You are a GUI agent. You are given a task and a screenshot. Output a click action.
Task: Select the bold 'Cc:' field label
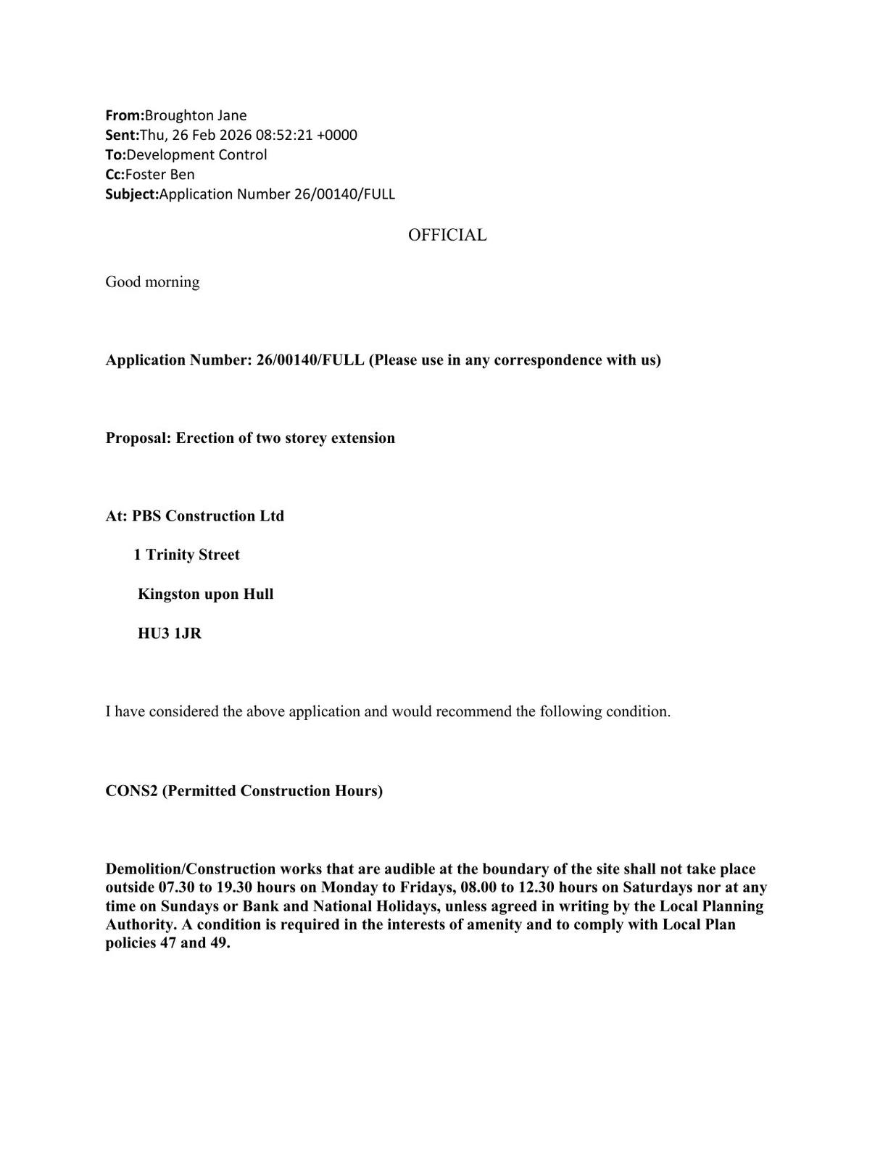[x=115, y=174]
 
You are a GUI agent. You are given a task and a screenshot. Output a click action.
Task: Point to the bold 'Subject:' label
[x=132, y=194]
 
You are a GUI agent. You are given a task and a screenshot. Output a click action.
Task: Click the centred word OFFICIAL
[x=447, y=235]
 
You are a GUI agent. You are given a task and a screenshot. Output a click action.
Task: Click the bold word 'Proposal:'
[x=138, y=438]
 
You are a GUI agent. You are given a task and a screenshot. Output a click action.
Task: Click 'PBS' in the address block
[x=146, y=516]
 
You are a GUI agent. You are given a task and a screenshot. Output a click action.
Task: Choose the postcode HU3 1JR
[x=170, y=634]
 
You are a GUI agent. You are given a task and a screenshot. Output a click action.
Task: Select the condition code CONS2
[x=131, y=791]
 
